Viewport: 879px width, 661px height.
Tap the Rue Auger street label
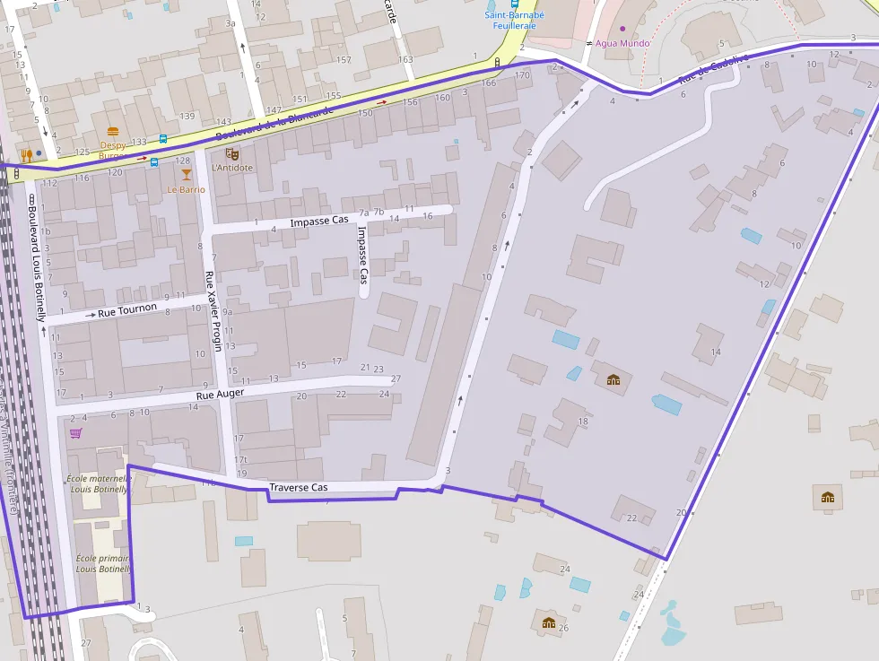click(220, 394)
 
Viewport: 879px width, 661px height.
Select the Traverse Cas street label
click(298, 487)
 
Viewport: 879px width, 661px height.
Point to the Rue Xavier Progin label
click(213, 310)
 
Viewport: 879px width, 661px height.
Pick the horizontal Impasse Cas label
click(318, 220)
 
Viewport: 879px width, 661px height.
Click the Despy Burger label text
click(114, 150)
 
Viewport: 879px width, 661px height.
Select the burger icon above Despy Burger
click(113, 132)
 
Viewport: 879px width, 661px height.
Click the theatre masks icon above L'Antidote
click(231, 154)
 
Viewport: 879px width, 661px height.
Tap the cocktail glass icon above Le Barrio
click(187, 175)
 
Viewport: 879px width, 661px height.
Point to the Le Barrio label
click(187, 189)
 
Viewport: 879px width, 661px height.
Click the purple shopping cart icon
click(76, 433)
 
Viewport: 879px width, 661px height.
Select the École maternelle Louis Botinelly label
click(100, 484)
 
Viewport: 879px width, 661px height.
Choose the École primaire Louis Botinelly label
click(102, 563)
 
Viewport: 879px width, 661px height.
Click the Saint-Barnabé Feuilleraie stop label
click(515, 20)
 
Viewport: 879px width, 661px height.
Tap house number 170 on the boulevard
click(523, 75)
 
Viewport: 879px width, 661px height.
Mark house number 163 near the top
click(405, 60)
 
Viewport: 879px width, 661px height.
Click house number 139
click(187, 116)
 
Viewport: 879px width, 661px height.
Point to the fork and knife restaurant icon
click(26, 155)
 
